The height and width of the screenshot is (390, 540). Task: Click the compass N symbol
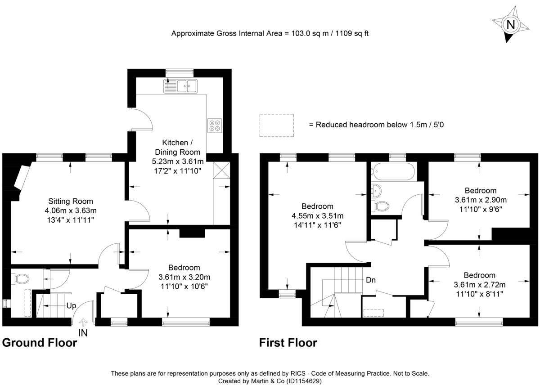click(510, 25)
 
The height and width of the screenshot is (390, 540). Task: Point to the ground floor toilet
click(20, 279)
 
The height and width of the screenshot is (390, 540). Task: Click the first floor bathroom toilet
click(381, 206)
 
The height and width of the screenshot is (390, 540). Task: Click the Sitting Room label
click(71, 201)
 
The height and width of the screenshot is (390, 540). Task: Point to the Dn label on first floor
click(371, 280)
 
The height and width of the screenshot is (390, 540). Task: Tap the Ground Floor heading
click(40, 343)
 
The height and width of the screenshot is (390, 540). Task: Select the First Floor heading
click(288, 343)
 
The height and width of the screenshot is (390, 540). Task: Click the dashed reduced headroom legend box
click(276, 125)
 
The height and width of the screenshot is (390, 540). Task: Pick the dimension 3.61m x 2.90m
click(481, 200)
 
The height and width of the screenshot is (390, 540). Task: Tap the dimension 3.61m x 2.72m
click(480, 285)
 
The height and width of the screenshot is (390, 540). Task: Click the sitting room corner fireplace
click(22, 178)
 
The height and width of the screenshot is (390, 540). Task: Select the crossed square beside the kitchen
click(222, 170)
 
